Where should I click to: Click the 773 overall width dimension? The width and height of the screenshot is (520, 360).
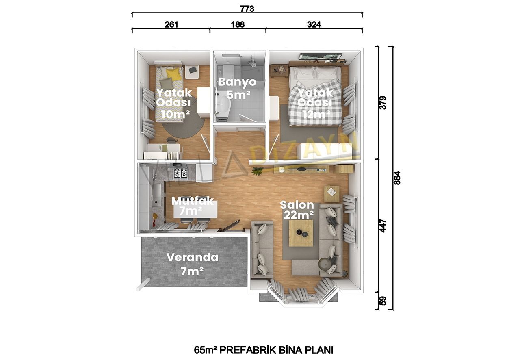pos(247,9)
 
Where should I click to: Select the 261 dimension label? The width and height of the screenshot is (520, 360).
pos(171,24)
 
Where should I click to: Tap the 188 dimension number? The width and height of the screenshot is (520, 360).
pos(238,24)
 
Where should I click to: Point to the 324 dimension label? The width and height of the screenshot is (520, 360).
pos(314,24)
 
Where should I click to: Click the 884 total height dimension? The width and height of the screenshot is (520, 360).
pos(397,178)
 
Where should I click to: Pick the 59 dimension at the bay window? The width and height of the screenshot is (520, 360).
pos(383,301)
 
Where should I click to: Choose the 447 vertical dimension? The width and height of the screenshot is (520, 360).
pos(383,226)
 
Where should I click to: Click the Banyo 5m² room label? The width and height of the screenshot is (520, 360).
pos(237,88)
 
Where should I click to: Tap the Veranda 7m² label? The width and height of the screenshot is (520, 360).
pos(193,264)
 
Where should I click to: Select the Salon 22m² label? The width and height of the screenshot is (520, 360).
pos(297,210)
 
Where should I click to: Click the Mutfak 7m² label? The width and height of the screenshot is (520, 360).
pos(192,206)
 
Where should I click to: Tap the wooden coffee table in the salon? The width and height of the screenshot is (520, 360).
pos(301,233)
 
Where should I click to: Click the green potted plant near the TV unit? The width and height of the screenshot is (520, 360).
pos(258,171)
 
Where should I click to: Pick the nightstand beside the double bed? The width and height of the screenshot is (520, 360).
pos(279,71)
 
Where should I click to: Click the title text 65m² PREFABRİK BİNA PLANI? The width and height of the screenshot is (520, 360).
pos(264,350)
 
